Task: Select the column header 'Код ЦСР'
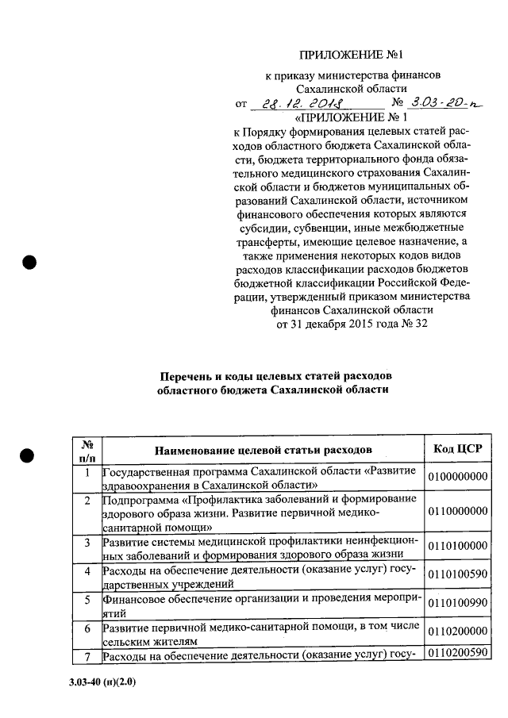tap(458, 450)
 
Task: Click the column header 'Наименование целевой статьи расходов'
tap(263, 451)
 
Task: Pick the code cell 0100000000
tap(458, 477)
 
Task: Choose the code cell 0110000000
tap(458, 512)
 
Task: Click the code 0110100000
tap(458, 547)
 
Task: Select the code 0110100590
tap(458, 575)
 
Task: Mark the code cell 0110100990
tap(458, 604)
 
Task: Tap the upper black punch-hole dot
tap(29, 263)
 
